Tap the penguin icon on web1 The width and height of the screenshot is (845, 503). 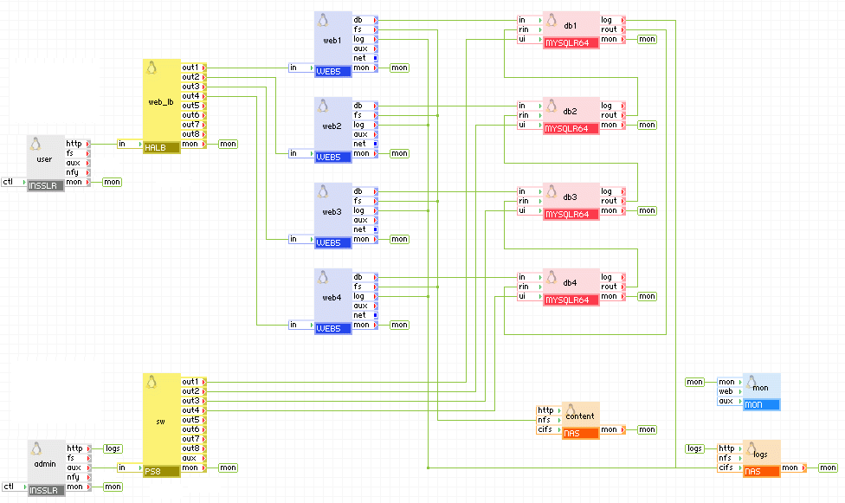point(323,20)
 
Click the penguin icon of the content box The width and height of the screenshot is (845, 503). point(571,409)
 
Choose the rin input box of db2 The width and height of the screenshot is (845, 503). point(525,115)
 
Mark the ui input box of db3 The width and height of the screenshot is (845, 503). point(525,210)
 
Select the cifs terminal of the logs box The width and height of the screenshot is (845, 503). point(726,468)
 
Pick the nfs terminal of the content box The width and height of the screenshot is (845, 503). point(545,420)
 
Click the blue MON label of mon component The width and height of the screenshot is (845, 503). point(761,404)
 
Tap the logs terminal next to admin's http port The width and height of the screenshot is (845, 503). point(113,448)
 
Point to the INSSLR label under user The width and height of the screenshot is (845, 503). point(45,186)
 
